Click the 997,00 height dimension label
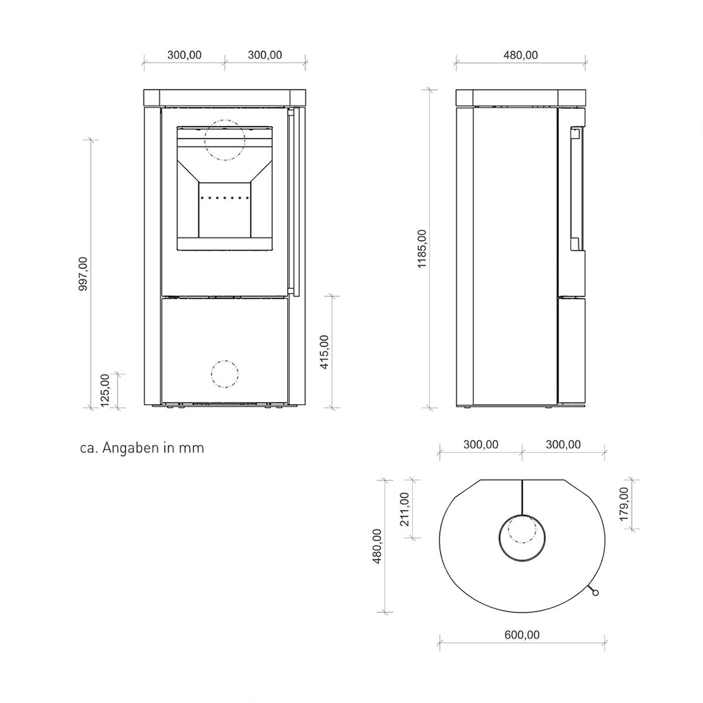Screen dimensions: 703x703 click(83, 274)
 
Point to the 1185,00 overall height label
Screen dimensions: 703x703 click(422, 249)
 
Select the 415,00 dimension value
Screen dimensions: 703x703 click(325, 352)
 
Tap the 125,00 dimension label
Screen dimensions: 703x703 click(105, 390)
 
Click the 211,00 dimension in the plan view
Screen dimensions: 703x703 click(405, 509)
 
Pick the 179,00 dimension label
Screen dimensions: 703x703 click(624, 504)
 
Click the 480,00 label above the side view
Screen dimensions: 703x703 click(521, 55)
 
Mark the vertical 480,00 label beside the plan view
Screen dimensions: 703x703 click(378, 546)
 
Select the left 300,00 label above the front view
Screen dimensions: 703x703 click(184, 55)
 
